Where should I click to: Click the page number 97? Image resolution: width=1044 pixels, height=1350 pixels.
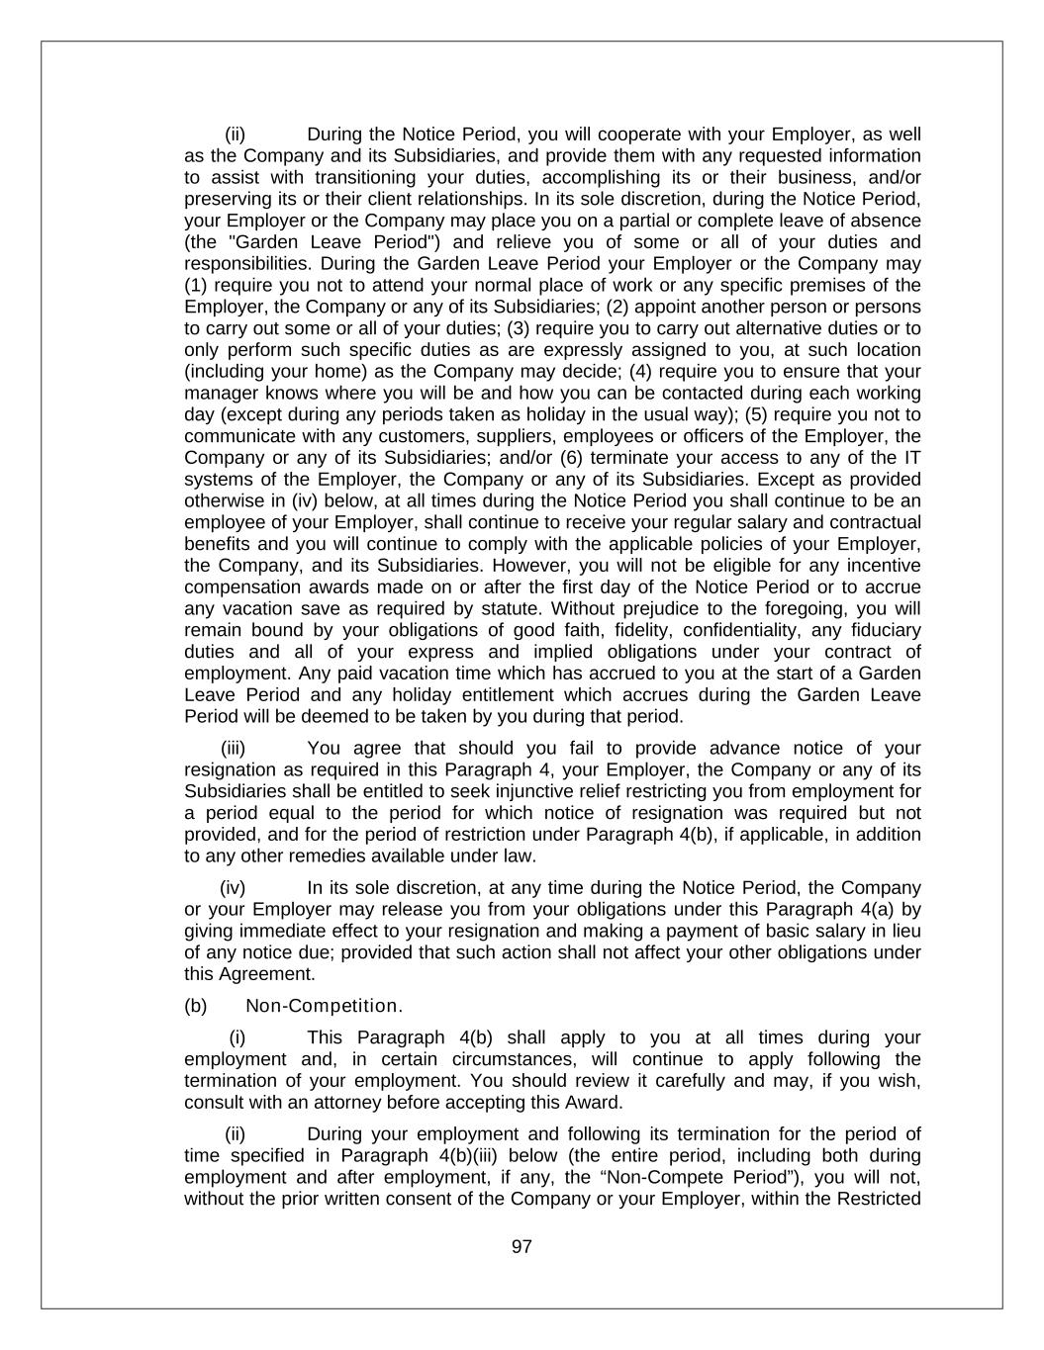click(522, 1247)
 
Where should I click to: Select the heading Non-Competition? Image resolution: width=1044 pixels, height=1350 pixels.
click(324, 1006)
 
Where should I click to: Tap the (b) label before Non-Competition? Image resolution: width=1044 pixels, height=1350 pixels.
click(195, 1006)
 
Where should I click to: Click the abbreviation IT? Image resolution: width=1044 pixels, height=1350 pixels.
click(910, 458)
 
